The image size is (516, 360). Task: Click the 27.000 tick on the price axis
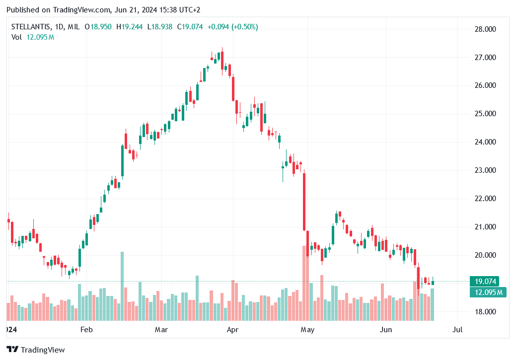coord(486,58)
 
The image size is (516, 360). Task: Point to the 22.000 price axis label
coord(486,199)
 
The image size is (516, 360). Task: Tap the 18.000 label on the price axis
coord(486,312)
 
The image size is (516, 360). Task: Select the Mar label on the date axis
coord(160,329)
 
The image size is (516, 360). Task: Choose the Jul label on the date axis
coord(457,329)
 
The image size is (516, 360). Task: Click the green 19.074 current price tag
coord(486,281)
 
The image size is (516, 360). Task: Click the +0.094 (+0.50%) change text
coord(232,27)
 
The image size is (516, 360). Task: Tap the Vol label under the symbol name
coord(16,37)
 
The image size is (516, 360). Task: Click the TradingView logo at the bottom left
coord(36,350)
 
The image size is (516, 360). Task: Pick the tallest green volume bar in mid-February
coord(122,286)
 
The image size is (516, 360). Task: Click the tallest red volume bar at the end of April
coord(304,283)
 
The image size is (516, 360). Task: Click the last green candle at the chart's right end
coord(433,283)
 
